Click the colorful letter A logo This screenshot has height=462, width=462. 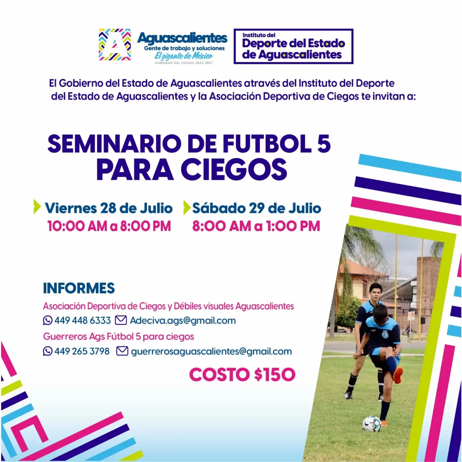click(x=115, y=45)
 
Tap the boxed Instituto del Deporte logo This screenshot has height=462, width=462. click(x=293, y=46)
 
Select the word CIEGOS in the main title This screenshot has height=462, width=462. click(x=234, y=170)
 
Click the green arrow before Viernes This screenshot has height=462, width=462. click(x=37, y=206)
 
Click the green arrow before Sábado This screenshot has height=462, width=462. click(x=187, y=208)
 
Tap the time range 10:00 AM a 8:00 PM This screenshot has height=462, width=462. click(x=109, y=226)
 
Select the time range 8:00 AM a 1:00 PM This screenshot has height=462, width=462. click(x=256, y=226)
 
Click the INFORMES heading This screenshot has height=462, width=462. click(x=79, y=288)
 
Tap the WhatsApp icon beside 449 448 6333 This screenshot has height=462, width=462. click(x=48, y=320)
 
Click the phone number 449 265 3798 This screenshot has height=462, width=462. click(x=82, y=352)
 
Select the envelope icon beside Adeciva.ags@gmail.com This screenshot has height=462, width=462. click(x=121, y=320)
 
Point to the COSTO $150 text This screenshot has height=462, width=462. click(x=242, y=375)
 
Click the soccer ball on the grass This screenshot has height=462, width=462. click(x=372, y=424)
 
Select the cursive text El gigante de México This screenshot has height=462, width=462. click(x=184, y=56)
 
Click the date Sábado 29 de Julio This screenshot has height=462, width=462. click(x=257, y=208)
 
